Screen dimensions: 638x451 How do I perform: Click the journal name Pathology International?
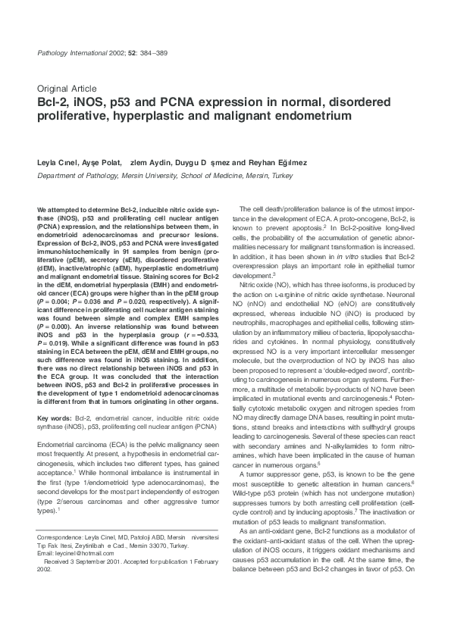click(x=69, y=52)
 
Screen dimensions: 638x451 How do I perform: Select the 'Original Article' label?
click(x=64, y=88)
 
